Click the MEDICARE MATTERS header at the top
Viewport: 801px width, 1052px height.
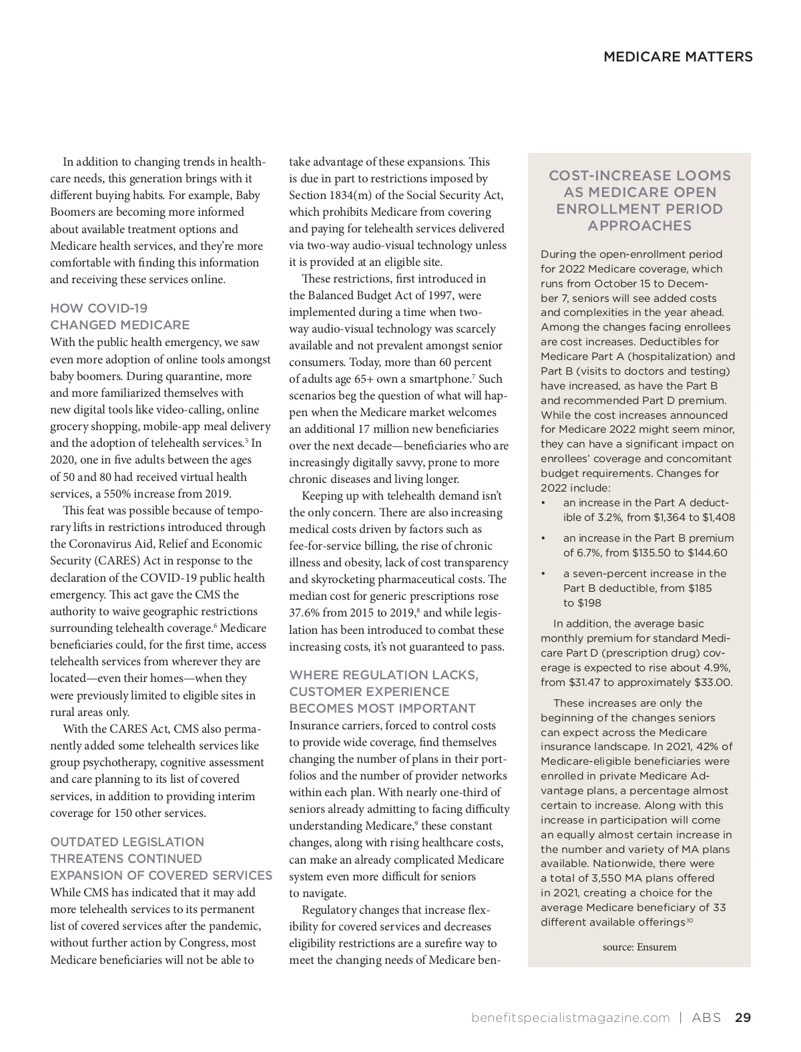[x=678, y=57]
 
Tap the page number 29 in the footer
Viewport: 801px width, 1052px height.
[x=743, y=1017]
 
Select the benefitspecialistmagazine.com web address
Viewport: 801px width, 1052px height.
[x=570, y=1017]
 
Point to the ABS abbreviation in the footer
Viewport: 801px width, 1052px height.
[x=706, y=1017]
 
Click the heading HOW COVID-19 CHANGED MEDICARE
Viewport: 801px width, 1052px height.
[x=120, y=317]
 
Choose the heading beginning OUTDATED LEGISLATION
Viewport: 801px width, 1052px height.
[x=161, y=858]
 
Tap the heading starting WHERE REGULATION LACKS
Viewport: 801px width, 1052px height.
[x=383, y=691]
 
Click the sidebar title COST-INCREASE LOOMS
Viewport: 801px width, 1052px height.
[x=639, y=200]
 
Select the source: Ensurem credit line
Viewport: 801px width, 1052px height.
[x=639, y=946]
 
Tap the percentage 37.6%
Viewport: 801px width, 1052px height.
[x=304, y=612]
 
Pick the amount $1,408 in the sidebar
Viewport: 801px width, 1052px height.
[x=718, y=517]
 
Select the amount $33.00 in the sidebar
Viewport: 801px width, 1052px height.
[x=711, y=682]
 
